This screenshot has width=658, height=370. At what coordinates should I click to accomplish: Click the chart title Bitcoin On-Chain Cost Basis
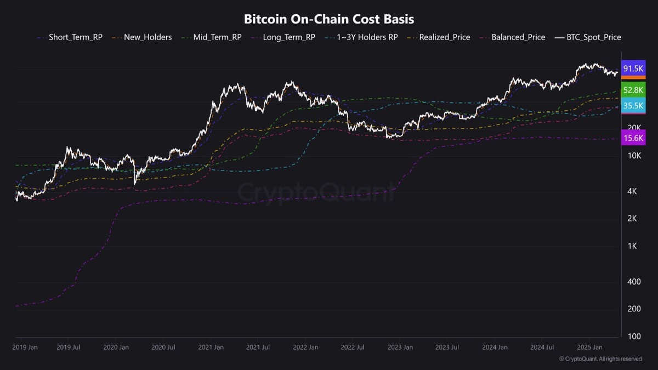click(x=329, y=19)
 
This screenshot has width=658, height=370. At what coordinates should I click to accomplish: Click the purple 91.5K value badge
click(x=633, y=69)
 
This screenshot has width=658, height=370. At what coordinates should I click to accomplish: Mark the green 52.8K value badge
click(x=633, y=90)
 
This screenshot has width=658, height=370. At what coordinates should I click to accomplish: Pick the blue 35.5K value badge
click(x=633, y=106)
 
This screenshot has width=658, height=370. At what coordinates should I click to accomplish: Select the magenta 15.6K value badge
click(x=633, y=139)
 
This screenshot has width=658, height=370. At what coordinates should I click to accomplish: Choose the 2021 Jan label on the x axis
click(x=211, y=347)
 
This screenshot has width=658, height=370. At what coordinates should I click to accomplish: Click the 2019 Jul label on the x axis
click(x=69, y=347)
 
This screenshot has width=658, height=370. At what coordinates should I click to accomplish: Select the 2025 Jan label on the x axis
click(x=590, y=347)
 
